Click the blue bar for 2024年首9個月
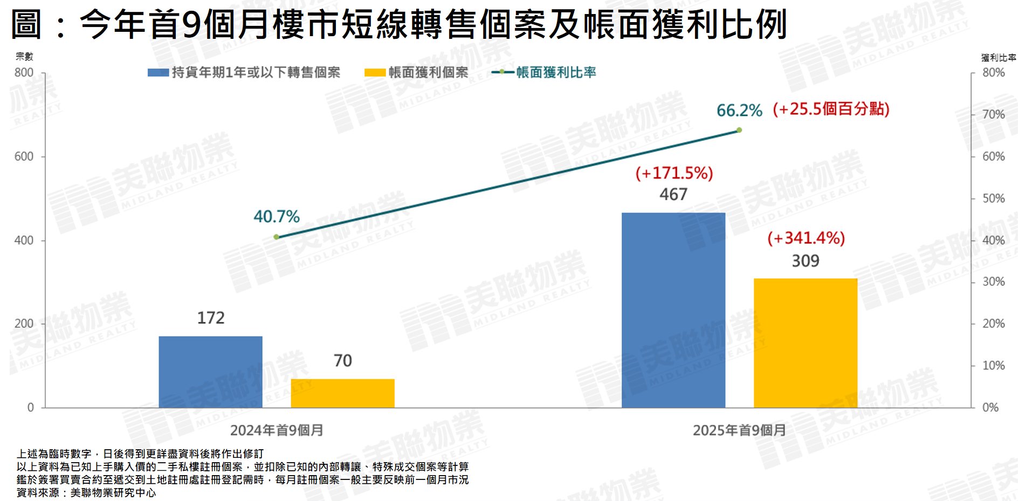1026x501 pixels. point(210,372)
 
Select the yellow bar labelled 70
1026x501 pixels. point(342,393)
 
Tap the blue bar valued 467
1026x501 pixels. point(673,310)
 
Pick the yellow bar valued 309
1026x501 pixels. point(805,343)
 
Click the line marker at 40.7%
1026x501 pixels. point(277,237)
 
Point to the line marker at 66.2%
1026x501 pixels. point(739,130)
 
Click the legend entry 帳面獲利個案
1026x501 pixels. point(416,72)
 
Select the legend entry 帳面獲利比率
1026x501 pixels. point(545,72)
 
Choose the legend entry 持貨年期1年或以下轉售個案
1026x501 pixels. point(244,72)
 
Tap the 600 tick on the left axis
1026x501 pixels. point(24,156)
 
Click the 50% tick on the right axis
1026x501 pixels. point(993,198)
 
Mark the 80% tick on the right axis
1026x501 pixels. point(993,73)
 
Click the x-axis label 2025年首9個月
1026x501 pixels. point(739,430)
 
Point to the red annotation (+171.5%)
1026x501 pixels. point(674,173)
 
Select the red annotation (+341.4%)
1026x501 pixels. point(806,238)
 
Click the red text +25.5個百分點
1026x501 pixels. point(831,109)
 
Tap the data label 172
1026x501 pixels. point(211,318)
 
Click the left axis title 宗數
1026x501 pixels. point(24,56)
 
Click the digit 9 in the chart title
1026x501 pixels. point(192,24)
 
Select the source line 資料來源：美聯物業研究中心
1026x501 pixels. point(86,492)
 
